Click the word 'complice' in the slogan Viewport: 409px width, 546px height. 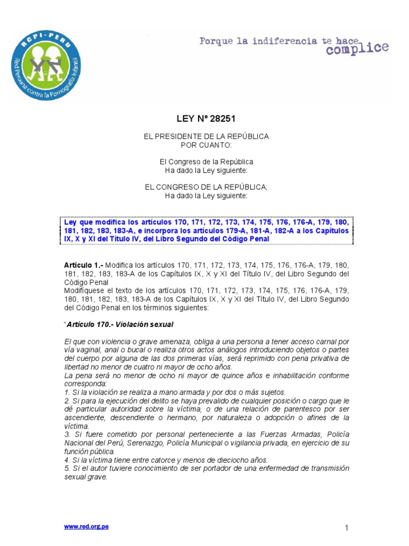(357, 49)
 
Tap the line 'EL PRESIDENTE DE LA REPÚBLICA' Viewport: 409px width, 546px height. (206, 136)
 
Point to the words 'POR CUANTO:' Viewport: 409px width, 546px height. (206, 144)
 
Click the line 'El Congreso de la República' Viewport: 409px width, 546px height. (206, 162)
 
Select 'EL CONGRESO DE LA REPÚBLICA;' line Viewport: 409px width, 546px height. (206, 188)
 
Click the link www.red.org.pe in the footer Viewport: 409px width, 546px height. (86, 526)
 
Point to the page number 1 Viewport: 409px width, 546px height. (346, 528)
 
